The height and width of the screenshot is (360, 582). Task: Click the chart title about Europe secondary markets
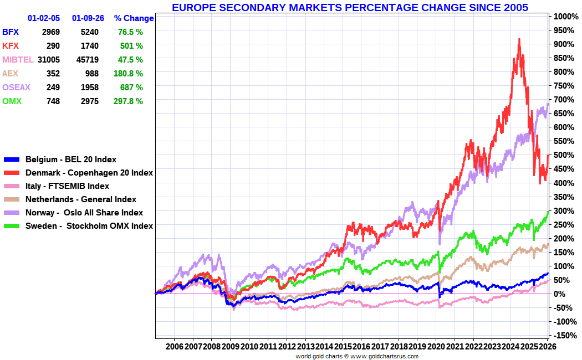350,7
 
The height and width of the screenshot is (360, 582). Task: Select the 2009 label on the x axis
230,346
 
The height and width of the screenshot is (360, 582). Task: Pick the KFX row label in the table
11,46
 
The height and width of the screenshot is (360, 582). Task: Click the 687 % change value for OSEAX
131,88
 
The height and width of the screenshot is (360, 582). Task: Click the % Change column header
134,18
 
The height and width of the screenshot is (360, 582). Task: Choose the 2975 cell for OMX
89,101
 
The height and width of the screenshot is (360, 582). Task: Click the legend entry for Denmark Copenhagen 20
89,173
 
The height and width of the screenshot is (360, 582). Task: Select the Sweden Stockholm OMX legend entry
89,226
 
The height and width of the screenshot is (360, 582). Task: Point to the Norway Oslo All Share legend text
84,213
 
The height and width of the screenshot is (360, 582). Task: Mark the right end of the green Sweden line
548,212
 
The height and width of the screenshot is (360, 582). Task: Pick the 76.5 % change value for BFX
130,32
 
